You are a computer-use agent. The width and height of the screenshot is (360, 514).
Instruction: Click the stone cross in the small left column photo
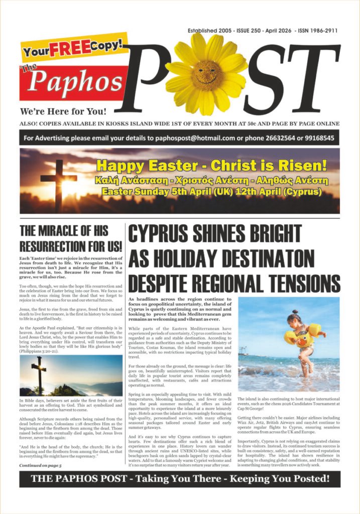click(39, 374)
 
